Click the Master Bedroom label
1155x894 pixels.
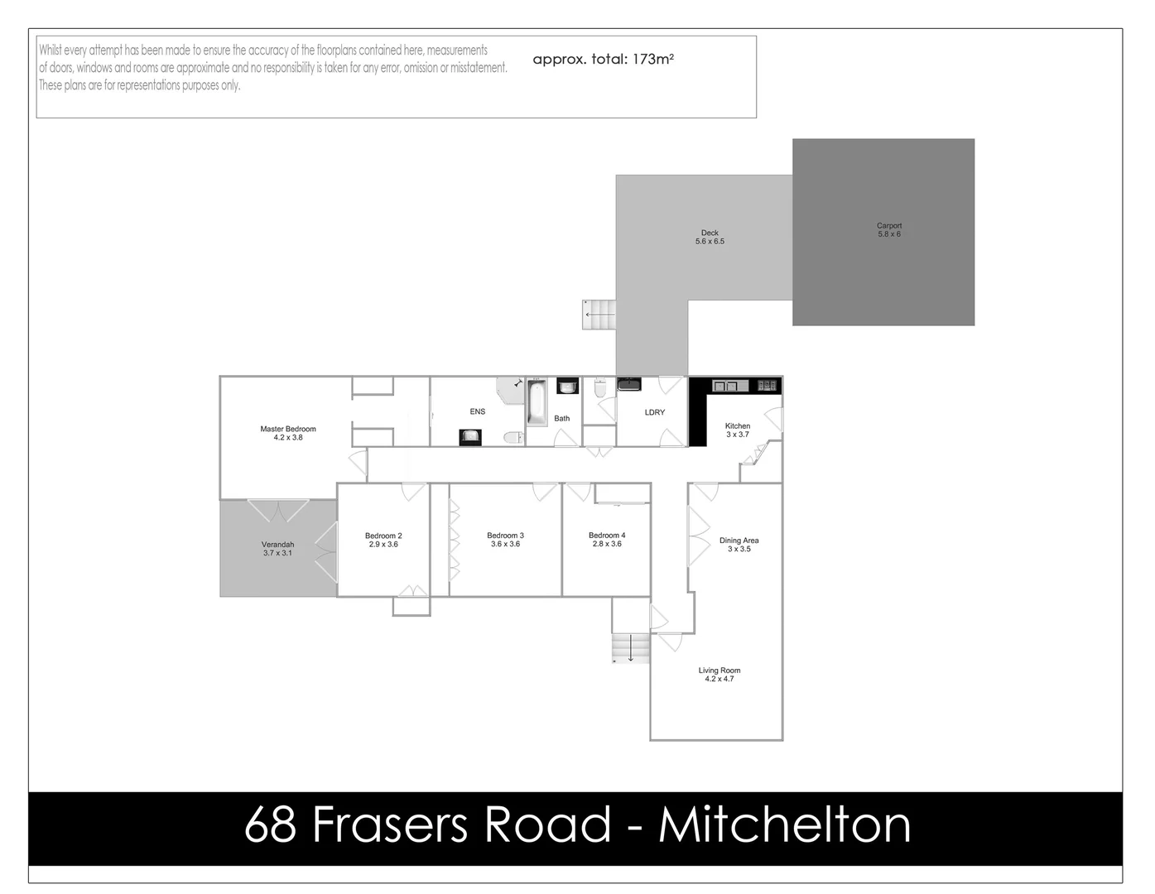tap(288, 429)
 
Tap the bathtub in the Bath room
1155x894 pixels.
tap(537, 401)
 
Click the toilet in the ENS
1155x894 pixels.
tap(513, 437)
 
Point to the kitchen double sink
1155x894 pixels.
tap(725, 386)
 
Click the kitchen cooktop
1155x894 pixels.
tap(767, 385)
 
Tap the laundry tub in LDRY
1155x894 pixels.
tap(629, 384)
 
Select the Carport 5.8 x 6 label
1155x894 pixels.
tap(889, 230)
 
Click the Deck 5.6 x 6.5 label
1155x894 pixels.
tap(710, 238)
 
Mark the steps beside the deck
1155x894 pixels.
tap(599, 315)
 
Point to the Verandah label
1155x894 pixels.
tap(277, 545)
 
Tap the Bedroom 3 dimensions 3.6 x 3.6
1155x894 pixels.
tap(505, 545)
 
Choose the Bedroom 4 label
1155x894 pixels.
tap(607, 536)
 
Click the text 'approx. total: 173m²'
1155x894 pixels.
tap(603, 60)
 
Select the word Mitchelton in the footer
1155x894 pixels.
tap(784, 825)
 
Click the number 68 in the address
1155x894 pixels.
tap(270, 825)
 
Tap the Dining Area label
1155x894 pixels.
tap(739, 541)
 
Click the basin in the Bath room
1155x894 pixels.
tap(567, 387)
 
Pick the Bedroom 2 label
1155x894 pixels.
tap(383, 536)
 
